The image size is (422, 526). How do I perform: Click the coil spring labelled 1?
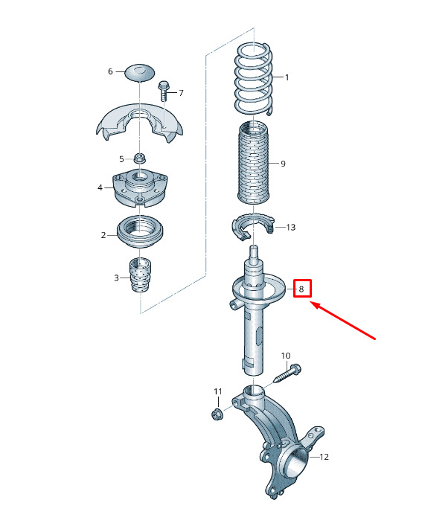pyautogui.click(x=255, y=80)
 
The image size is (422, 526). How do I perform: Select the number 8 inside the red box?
pyautogui.click(x=301, y=289)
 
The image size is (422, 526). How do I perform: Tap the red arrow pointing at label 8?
pyautogui.click(x=342, y=321)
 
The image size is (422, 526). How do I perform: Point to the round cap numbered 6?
pyautogui.click(x=140, y=71)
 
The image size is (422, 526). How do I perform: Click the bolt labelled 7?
pyautogui.click(x=163, y=91)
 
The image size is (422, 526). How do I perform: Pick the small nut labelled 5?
pyautogui.click(x=139, y=158)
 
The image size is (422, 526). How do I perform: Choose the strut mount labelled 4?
pyautogui.click(x=139, y=187)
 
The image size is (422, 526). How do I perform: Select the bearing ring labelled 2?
pyautogui.click(x=140, y=232)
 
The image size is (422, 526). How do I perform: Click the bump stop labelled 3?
pyautogui.click(x=140, y=275)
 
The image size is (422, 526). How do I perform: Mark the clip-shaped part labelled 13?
pyautogui.click(x=253, y=227)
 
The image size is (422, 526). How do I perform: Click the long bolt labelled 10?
pyautogui.click(x=287, y=373)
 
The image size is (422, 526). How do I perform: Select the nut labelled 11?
pyautogui.click(x=217, y=414)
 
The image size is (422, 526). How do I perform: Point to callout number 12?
pyautogui.click(x=324, y=457)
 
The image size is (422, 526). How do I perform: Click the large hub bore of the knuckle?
pyautogui.click(x=296, y=462)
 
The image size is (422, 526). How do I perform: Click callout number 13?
pyautogui.click(x=291, y=228)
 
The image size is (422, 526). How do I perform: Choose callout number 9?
pyautogui.click(x=283, y=164)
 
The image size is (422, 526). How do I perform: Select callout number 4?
pyautogui.click(x=100, y=187)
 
